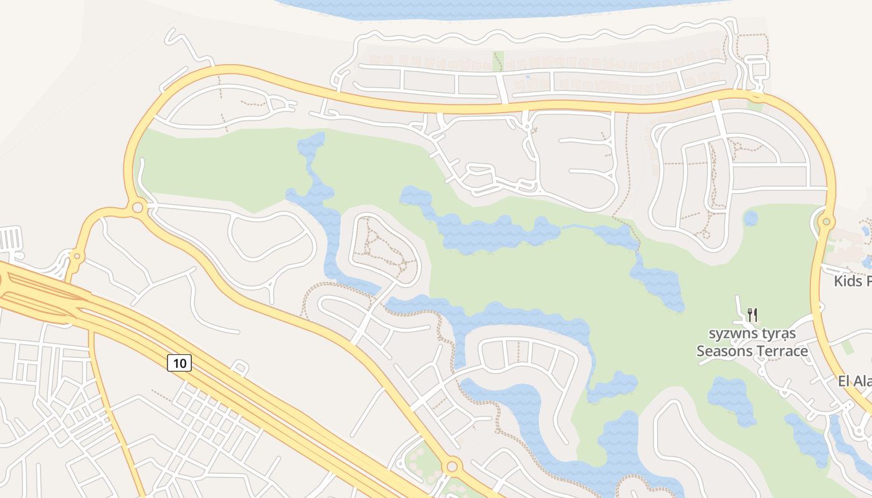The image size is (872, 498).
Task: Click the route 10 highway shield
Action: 179,362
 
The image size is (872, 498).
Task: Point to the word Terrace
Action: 781,351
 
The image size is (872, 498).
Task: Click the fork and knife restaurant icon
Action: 752,314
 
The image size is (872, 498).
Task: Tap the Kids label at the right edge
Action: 852,281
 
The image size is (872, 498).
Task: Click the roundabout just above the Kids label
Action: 827,221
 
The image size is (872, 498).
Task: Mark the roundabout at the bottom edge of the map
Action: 452,466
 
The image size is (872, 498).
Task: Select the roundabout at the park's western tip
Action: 138,207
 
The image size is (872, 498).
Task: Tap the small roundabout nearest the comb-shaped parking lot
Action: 77,256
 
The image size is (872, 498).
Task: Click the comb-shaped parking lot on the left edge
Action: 11,238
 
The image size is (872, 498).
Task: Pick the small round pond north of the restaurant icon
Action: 751,218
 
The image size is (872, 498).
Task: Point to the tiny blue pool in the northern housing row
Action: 528,77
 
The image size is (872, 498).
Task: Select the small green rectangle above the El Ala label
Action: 848,347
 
